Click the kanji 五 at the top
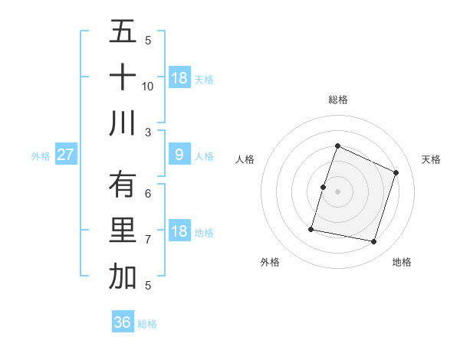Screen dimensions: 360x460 tap(123, 32)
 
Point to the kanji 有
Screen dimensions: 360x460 tap(123, 185)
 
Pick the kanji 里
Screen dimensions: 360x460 tap(123, 231)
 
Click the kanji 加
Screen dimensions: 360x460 tap(123, 277)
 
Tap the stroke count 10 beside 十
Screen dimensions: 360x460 tap(148, 86)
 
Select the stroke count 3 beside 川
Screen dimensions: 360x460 tap(148, 132)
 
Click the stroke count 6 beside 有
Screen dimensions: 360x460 tap(148, 193)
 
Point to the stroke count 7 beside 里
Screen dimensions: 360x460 tap(148, 239)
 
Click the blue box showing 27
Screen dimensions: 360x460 tap(66, 155)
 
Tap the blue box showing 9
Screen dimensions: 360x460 tap(179, 155)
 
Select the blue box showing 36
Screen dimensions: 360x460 tap(123, 322)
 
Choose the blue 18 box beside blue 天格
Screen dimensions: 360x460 tap(179, 78)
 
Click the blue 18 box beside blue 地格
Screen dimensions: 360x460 tap(179, 231)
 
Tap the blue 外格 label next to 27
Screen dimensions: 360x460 tap(41, 156)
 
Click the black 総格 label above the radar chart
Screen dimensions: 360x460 tap(337, 100)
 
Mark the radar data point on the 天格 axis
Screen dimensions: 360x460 tap(396, 172)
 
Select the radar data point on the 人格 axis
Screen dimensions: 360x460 tap(323, 187)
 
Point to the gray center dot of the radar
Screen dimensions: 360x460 tap(337, 191)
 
